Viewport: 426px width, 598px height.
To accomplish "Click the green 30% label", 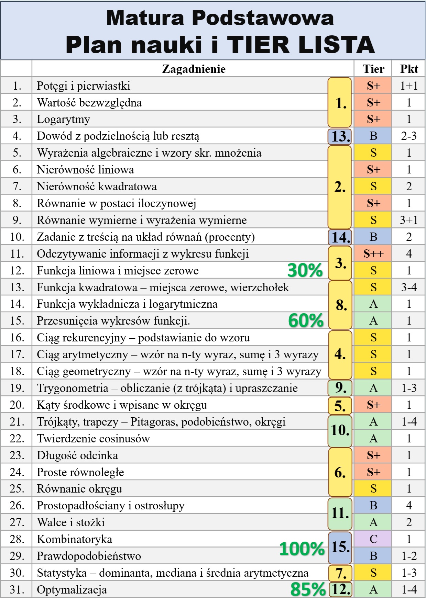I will click(305, 270).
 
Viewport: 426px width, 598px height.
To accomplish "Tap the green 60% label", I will click(306, 320).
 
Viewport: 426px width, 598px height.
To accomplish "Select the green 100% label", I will click(302, 549).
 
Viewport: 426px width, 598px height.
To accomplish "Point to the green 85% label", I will click(308, 589).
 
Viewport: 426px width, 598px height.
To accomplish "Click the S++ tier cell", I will click(373, 254).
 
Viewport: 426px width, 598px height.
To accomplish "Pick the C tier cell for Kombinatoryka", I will click(373, 539).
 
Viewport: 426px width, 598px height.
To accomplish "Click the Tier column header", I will click(373, 69).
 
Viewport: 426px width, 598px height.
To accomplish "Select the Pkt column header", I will click(408, 69).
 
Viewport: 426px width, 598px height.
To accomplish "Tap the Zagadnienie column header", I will click(194, 69).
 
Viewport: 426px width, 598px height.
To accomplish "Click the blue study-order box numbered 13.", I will click(340, 136).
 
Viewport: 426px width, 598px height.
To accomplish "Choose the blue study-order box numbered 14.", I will click(340, 237).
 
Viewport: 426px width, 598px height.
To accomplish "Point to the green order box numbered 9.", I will click(340, 388).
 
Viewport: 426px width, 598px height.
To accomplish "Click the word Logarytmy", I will click(64, 119).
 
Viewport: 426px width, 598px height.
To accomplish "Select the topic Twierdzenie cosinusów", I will click(93, 439).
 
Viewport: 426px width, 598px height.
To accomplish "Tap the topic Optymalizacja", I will click(72, 590).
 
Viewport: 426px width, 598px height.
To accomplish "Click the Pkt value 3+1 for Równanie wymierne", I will click(408, 220).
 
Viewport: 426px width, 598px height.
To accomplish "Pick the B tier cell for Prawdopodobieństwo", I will click(373, 556).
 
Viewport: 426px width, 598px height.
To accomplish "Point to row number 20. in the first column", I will click(17, 405).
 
